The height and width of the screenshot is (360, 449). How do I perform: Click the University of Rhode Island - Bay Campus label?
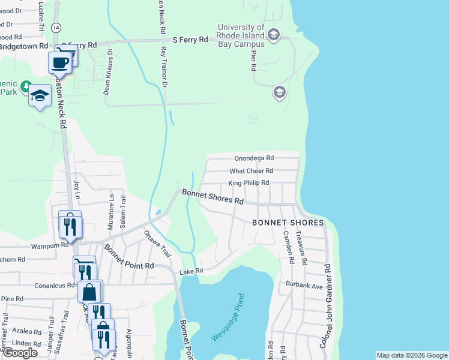coord(241,35)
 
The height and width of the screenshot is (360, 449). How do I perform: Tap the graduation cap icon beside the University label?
coord(274,35)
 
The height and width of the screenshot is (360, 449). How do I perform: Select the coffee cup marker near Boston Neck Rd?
coord(60,62)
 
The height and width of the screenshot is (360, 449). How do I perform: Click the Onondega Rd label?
coord(253,158)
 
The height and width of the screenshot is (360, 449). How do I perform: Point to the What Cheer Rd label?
coord(252,171)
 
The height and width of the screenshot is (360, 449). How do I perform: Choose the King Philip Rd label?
coord(249,183)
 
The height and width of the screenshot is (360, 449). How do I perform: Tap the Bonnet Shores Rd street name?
coord(212,197)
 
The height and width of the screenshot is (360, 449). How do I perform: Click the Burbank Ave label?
coord(304,285)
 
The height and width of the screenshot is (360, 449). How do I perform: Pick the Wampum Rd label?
coord(51,245)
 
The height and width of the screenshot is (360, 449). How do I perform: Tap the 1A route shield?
coord(56,27)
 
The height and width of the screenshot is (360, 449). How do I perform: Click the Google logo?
coord(20,353)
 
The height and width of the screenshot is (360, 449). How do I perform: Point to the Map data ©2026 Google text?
coord(411,355)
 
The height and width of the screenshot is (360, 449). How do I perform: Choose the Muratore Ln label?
coord(110,210)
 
